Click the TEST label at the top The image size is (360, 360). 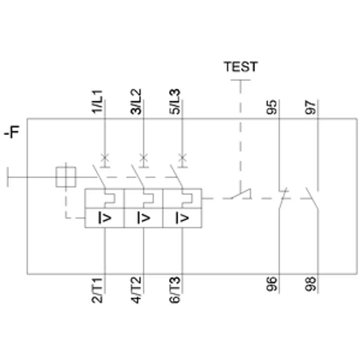(x=241, y=67)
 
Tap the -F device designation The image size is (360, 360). (x=12, y=132)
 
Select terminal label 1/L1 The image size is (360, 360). (x=97, y=102)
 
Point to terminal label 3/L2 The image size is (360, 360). (x=136, y=102)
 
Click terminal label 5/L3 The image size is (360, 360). (x=175, y=102)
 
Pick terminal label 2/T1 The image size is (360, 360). (x=97, y=290)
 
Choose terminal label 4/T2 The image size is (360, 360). (x=136, y=290)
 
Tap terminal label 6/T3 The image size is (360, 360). (x=175, y=290)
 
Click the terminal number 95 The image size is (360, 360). (x=272, y=107)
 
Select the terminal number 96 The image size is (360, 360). (x=272, y=284)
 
